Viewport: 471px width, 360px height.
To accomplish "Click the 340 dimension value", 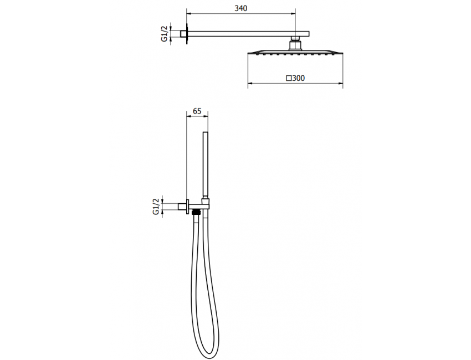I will pyautogui.click(x=240, y=8).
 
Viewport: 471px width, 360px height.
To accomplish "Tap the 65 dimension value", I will pyautogui.click(x=197, y=111).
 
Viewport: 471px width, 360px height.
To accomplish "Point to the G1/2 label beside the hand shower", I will pyautogui.click(x=156, y=206).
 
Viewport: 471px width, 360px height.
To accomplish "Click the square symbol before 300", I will pyautogui.click(x=289, y=78).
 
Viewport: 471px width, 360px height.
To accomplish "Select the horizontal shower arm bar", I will pyautogui.click(x=244, y=32).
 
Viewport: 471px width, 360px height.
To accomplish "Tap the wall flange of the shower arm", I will pyautogui.click(x=187, y=32).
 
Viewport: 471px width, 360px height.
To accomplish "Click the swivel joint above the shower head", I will pyautogui.click(x=295, y=43).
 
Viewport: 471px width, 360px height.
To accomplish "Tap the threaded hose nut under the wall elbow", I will pyautogui.click(x=196, y=211).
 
